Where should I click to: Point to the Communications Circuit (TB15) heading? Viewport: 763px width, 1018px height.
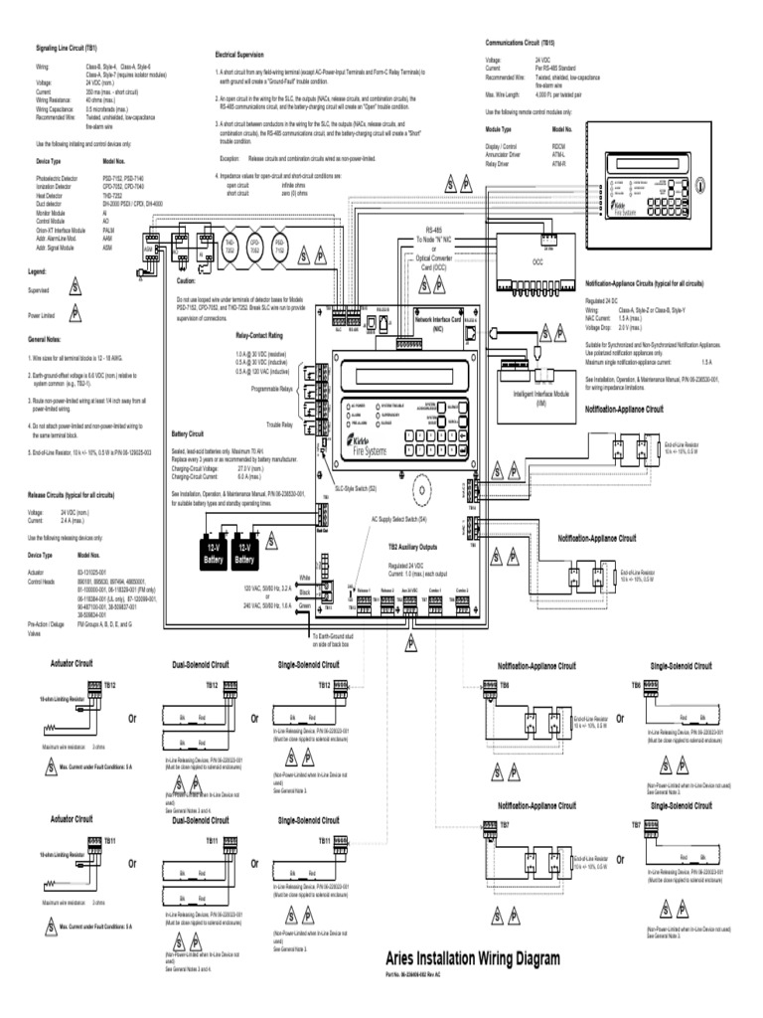pos(526,44)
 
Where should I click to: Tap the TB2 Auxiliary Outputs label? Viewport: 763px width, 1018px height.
pos(412,546)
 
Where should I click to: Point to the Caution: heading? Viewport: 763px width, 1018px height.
pos(189,281)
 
